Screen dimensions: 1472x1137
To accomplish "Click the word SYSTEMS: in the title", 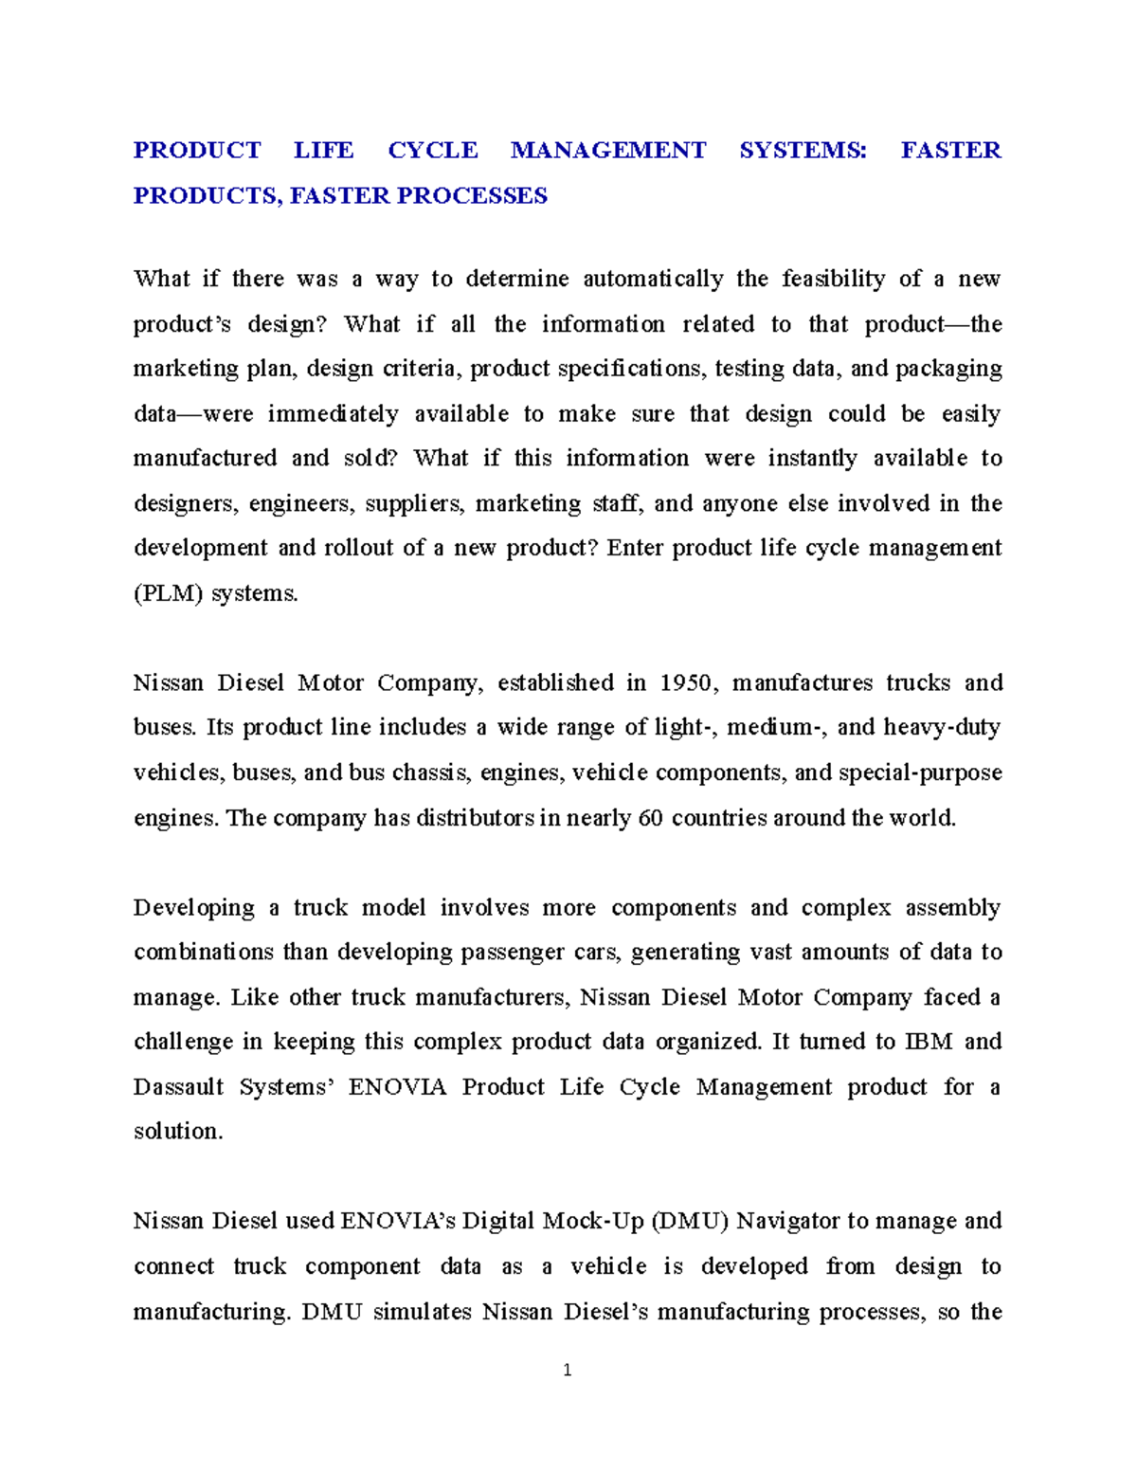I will tap(803, 151).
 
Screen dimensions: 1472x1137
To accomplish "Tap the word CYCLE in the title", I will tap(433, 151).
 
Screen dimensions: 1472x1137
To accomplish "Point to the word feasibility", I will tap(834, 279).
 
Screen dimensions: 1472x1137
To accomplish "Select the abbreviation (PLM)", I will tap(168, 594).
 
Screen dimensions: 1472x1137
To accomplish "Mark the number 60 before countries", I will tap(651, 818).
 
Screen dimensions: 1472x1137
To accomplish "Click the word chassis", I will tap(430, 772).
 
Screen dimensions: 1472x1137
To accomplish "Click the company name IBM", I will tap(929, 1042).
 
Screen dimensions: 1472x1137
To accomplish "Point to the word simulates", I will tap(424, 1313).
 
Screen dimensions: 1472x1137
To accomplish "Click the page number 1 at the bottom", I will tap(568, 1371).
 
